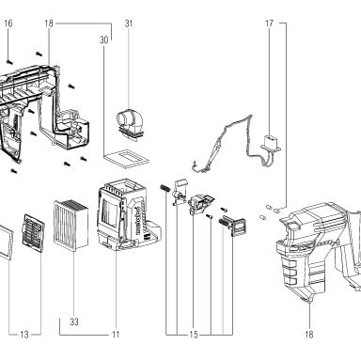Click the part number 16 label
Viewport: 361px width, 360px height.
click(8, 23)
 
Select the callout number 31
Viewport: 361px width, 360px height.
click(129, 23)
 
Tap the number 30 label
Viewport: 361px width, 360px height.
click(104, 40)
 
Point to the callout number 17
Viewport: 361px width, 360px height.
click(269, 23)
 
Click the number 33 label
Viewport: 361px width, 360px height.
click(74, 321)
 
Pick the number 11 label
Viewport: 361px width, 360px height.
click(116, 335)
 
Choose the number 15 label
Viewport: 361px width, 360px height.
click(194, 335)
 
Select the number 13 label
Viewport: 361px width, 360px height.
click(24, 335)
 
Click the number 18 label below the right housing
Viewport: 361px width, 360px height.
click(309, 335)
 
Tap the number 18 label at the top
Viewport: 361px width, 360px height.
click(49, 23)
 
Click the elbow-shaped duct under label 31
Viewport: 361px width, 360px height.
click(131, 124)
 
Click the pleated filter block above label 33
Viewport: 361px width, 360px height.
click(71, 224)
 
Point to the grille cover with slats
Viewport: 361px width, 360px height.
click(33, 233)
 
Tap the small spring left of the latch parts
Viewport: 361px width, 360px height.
click(165, 189)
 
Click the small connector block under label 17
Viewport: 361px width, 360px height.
click(271, 143)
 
